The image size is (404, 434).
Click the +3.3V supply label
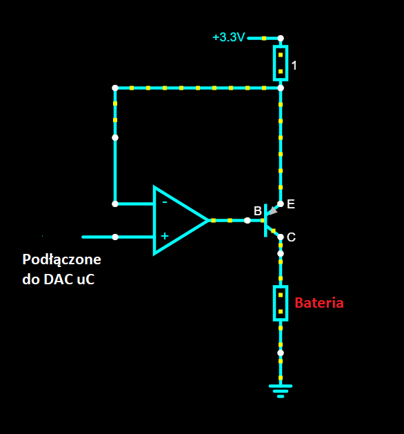pos(229,37)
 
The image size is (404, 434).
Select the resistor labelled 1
pos(281,63)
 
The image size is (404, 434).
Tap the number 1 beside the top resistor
pos(294,66)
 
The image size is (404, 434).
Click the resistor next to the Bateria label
pos(281,303)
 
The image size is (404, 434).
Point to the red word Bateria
pos(319,303)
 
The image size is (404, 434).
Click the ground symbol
pos(281,391)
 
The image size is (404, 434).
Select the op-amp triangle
pos(181,220)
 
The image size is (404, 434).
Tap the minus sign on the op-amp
pos(165,203)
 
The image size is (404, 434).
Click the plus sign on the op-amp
pos(165,236)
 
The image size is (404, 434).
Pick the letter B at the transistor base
pos(258,211)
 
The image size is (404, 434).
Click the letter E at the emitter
pos(291,204)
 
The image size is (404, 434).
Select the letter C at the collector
pos(291,237)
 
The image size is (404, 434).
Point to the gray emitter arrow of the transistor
pos(272,211)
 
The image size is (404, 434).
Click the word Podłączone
pos(61,260)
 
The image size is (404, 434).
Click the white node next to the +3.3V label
pos(281,38)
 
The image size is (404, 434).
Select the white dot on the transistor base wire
pos(248,221)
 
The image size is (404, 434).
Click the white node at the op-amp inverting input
pos(115,204)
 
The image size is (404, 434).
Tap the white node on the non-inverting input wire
pos(115,237)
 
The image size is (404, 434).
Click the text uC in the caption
pos(85,279)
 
